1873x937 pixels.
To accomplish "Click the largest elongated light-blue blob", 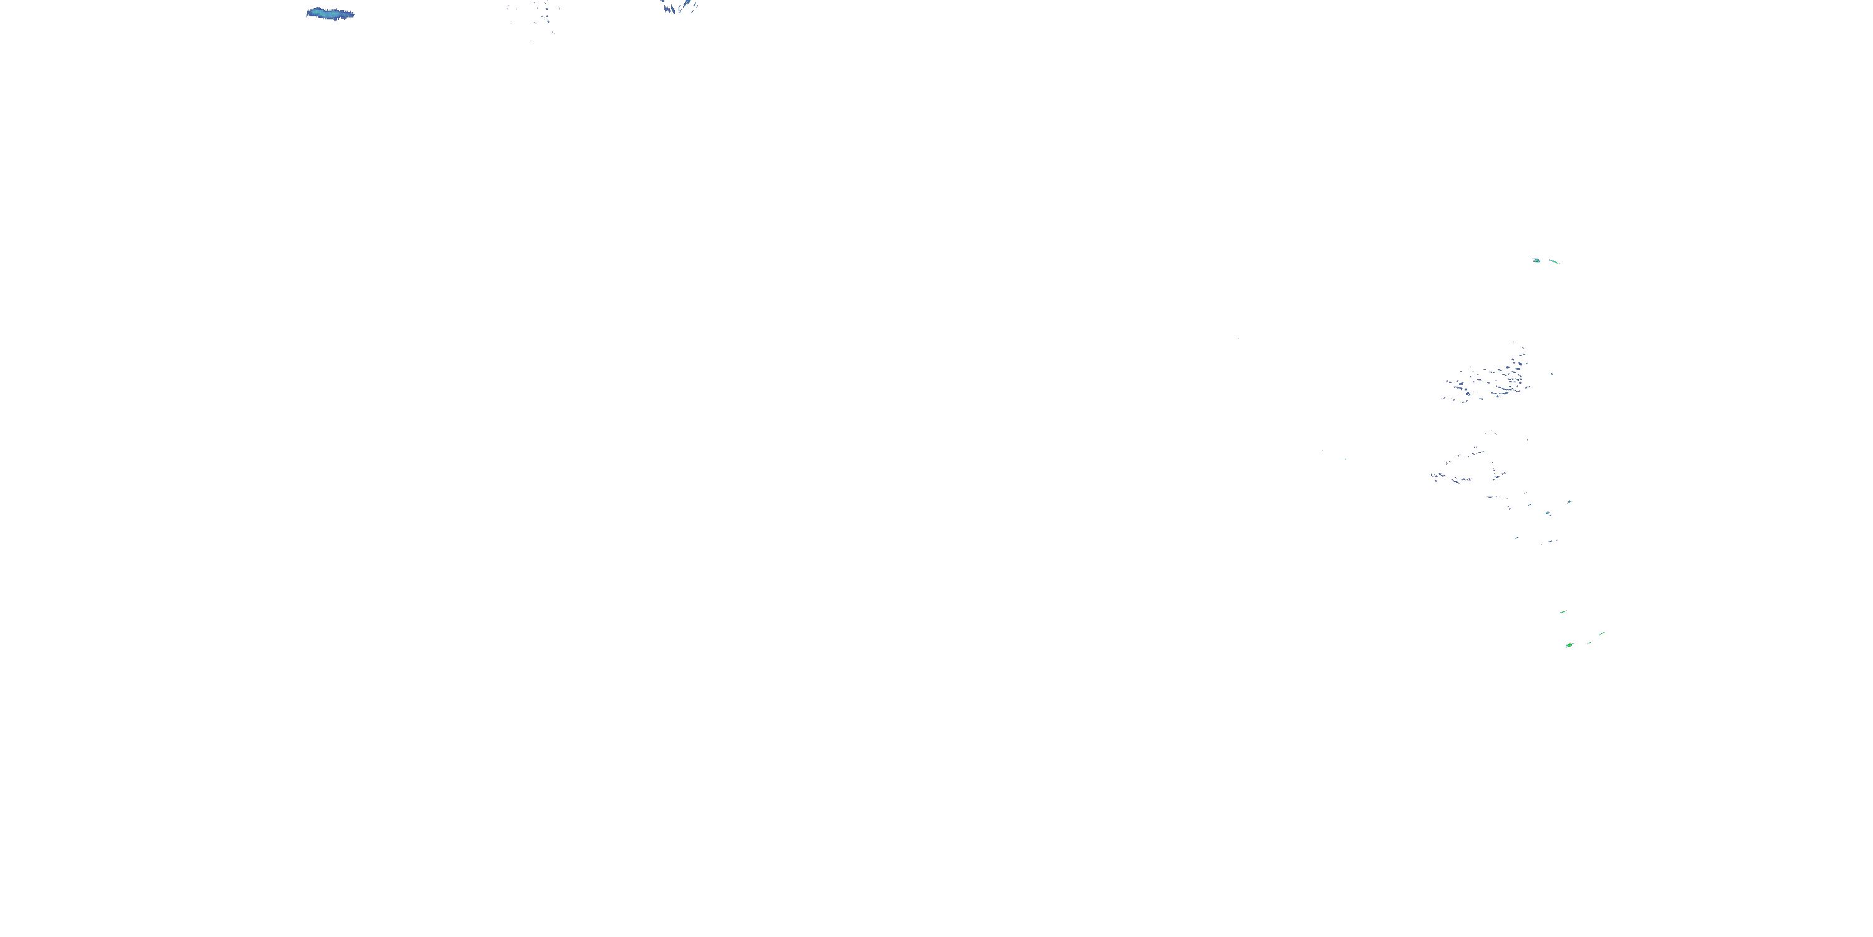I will [x=330, y=14].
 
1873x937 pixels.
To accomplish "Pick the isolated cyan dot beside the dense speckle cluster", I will [x=1552, y=374].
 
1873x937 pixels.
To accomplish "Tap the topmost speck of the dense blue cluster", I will [x=1514, y=343].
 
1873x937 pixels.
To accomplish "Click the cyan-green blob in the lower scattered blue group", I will [x=1548, y=513].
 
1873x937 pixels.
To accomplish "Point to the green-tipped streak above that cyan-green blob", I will [x=1569, y=502].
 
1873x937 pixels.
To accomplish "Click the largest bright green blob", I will [x=1569, y=645].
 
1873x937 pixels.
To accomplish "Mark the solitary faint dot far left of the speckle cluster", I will [x=1237, y=339].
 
